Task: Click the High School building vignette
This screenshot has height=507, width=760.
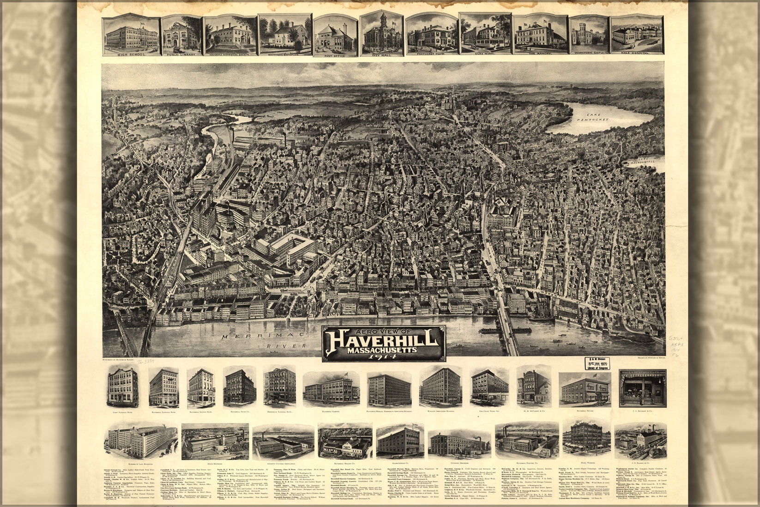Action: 131,35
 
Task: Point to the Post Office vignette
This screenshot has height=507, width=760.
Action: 335,35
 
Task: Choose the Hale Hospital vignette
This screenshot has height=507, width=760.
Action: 637,35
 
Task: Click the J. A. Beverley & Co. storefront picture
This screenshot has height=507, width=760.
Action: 642,388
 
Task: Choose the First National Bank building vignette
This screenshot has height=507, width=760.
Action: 123,388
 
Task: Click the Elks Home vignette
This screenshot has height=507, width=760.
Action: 485,33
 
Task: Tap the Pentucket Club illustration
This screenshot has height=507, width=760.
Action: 431,35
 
